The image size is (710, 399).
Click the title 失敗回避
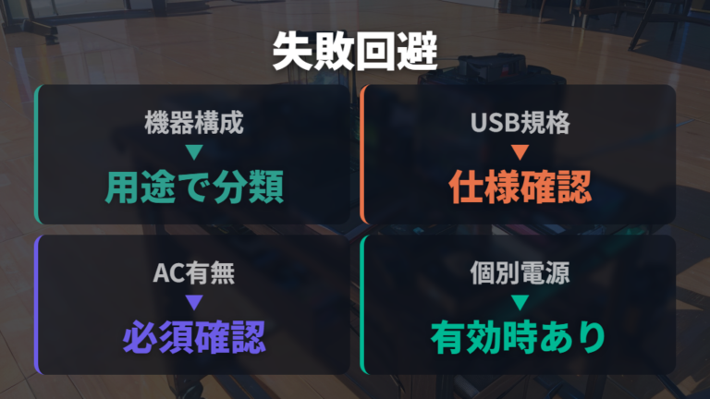tap(355, 51)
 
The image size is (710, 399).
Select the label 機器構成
tap(194, 123)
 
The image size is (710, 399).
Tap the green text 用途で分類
tap(194, 187)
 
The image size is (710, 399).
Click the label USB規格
tap(520, 123)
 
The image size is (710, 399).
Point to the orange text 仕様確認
tap(520, 187)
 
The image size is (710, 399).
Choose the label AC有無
tap(194, 272)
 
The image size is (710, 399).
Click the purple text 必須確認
tap(194, 337)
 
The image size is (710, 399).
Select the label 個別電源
tap(520, 272)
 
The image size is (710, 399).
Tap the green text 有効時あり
tap(519, 337)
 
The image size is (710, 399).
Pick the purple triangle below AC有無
tap(194, 302)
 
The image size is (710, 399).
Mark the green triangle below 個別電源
tap(520, 302)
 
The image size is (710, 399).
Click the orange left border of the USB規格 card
tap(362, 154)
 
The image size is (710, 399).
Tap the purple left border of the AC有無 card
tap(37, 305)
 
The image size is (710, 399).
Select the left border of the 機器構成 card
tap(37, 154)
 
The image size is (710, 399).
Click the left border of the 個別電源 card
tap(362, 305)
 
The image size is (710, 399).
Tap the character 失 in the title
tap(292, 51)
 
